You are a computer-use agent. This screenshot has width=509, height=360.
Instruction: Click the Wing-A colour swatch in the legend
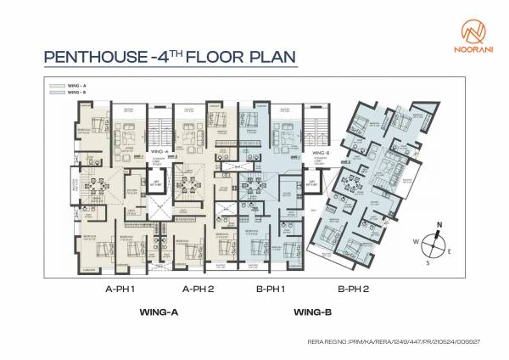[x=57, y=85]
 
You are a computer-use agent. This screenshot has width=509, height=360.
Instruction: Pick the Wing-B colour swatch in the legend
[x=57, y=91]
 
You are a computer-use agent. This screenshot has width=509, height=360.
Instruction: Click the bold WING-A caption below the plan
[x=158, y=312]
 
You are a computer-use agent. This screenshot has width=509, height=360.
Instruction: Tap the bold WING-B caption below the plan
[x=312, y=312]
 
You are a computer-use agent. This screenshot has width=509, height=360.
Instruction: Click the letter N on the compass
[x=439, y=225]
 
